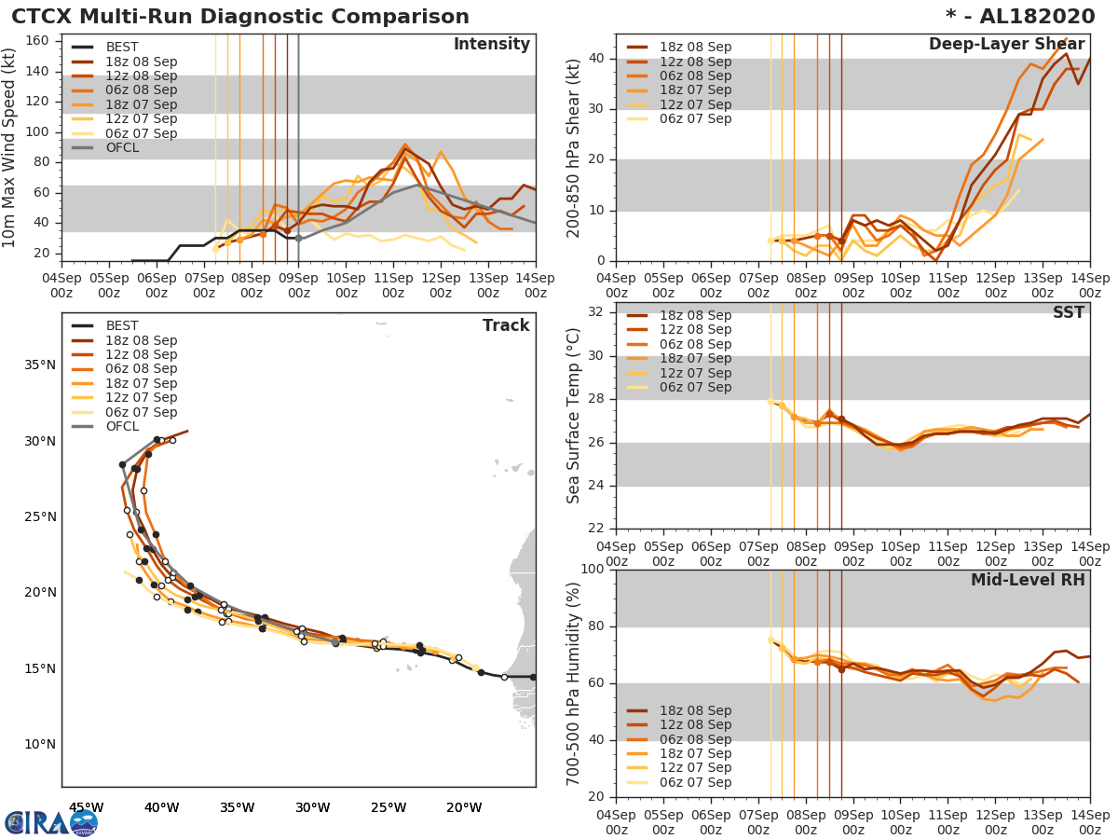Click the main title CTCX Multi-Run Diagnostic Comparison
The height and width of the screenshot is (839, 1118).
pyautogui.click(x=240, y=17)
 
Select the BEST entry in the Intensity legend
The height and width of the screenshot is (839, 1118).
pyautogui.click(x=121, y=47)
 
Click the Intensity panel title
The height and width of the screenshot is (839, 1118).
pyautogui.click(x=491, y=45)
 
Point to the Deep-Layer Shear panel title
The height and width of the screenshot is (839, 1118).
pyautogui.click(x=1006, y=45)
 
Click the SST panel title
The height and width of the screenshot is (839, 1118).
pyautogui.click(x=1069, y=313)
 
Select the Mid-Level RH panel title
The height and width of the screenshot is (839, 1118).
pyautogui.click(x=1027, y=580)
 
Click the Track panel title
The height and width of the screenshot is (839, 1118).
pyautogui.click(x=506, y=325)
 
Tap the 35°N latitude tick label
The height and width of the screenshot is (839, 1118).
pyautogui.click(x=39, y=364)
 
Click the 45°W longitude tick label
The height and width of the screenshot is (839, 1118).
pyautogui.click(x=86, y=807)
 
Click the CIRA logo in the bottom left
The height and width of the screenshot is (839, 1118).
pyautogui.click(x=51, y=822)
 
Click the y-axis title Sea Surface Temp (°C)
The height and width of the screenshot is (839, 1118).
pyautogui.click(x=574, y=415)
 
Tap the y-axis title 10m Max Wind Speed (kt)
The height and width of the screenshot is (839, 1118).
pyautogui.click(x=10, y=147)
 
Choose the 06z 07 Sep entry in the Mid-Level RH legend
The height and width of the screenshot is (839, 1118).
pyautogui.click(x=692, y=783)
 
